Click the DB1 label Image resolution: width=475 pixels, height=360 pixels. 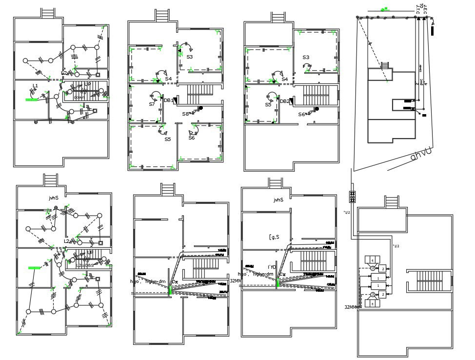[x=168, y=100]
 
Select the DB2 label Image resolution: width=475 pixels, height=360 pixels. [x=284, y=101]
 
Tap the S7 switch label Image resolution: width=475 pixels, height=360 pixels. [x=152, y=104]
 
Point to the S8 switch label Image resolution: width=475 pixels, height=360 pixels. [x=186, y=114]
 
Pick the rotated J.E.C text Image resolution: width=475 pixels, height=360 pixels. [x=426, y=9]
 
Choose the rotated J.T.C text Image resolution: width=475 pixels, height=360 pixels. [x=418, y=9]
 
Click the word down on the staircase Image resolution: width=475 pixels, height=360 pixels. [x=79, y=97]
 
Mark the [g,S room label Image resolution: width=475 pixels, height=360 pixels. [x=274, y=237]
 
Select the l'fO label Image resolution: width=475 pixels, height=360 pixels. [x=272, y=267]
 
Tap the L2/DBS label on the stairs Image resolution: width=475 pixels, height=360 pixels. [x=85, y=265]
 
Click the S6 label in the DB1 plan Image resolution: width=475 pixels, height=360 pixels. [x=192, y=138]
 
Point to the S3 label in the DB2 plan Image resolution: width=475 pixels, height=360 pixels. [x=306, y=58]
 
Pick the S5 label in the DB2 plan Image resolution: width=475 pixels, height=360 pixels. [x=268, y=105]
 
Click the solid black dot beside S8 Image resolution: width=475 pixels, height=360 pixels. [x=200, y=108]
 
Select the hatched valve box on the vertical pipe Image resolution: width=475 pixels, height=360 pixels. [x=352, y=197]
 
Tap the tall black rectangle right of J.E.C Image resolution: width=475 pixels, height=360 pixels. [x=433, y=31]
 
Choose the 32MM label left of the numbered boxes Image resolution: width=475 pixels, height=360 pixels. [x=351, y=307]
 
